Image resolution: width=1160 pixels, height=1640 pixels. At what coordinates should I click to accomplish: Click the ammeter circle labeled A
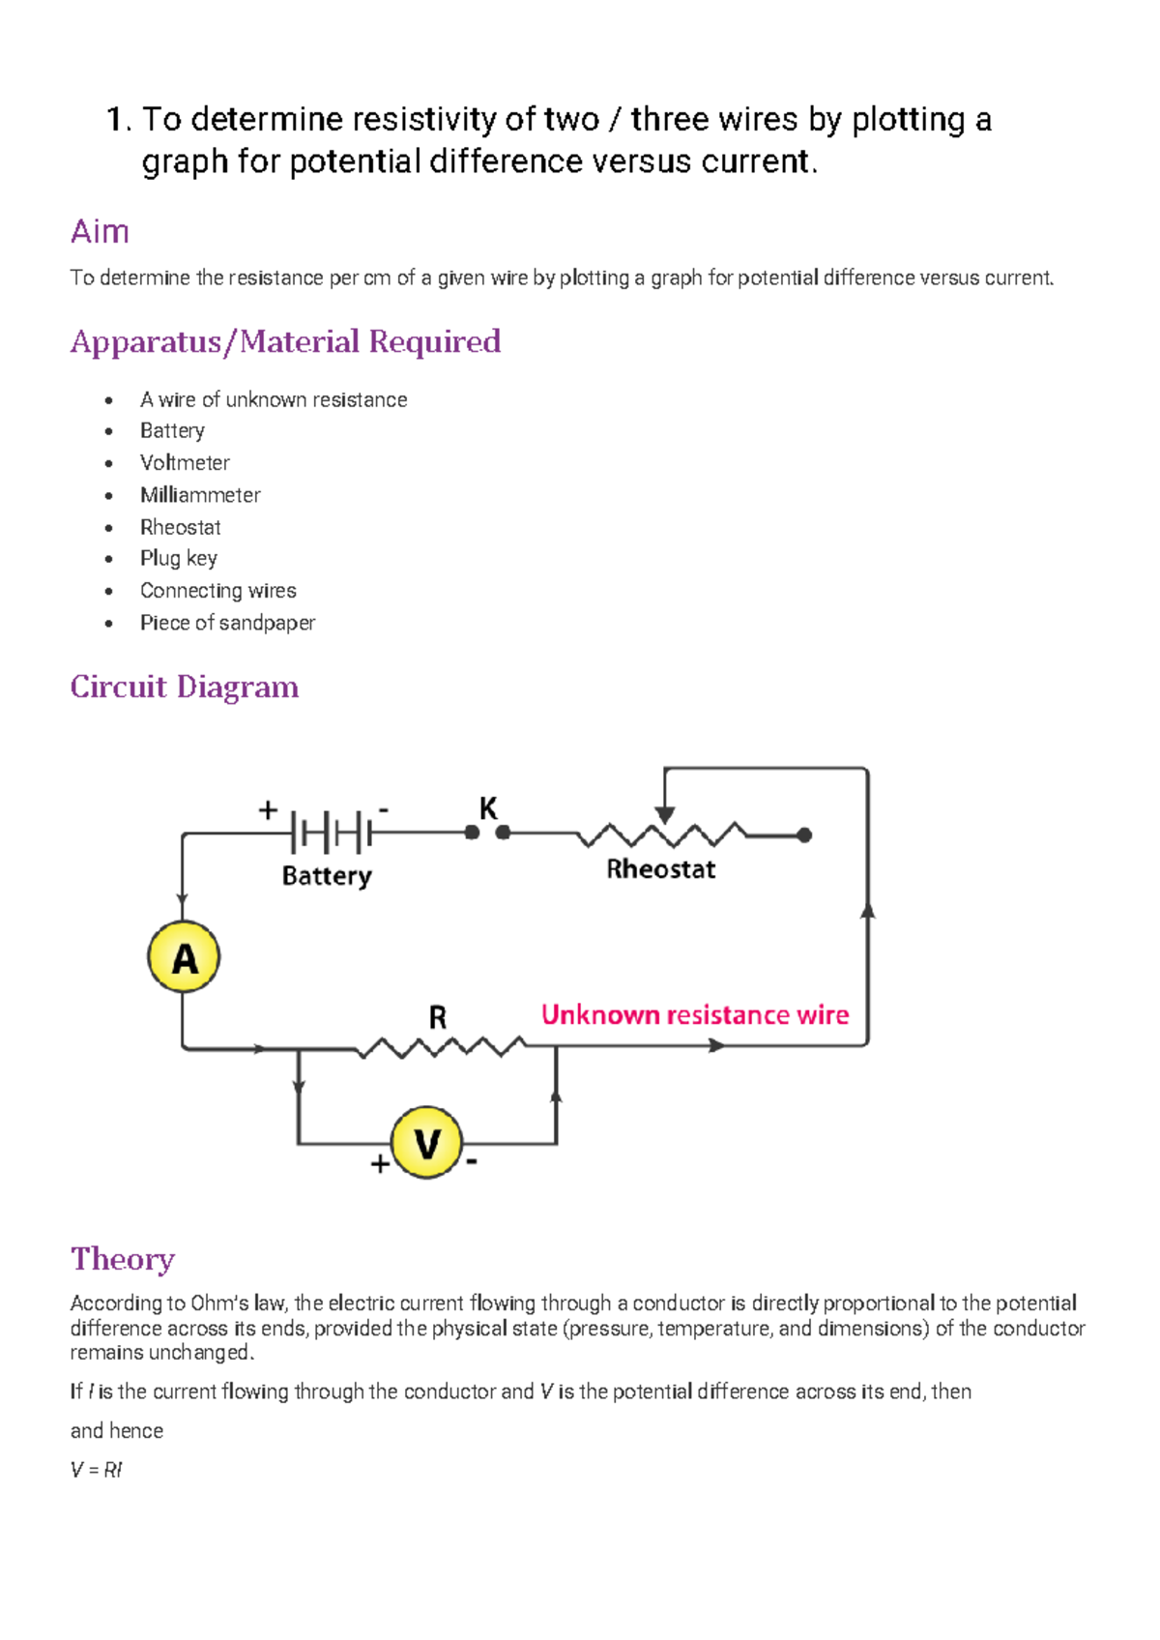coord(184,957)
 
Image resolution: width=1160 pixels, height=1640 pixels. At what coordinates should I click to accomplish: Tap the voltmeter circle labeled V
coord(426,1143)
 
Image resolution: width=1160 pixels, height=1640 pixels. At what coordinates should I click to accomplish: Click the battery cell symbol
coord(332,832)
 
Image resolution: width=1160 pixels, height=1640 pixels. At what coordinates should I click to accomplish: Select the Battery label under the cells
coord(327,876)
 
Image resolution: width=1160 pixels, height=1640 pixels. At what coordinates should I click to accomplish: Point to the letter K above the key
coord(488,808)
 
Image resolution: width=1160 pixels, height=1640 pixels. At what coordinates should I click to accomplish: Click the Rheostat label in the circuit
coord(660,869)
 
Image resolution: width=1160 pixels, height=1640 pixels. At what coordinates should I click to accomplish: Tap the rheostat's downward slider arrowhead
coord(664,814)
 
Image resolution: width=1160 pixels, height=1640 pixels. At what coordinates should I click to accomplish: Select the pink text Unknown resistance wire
coord(694,1014)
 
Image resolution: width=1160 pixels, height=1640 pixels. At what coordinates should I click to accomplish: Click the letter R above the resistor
coord(437,1017)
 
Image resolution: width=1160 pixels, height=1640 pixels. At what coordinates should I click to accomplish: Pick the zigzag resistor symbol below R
coord(440,1047)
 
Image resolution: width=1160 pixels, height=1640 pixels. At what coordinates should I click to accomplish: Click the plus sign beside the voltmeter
coord(380,1164)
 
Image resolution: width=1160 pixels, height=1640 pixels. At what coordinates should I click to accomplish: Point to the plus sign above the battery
coord(268,809)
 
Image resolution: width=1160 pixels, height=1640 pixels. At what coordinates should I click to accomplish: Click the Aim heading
coord(100,232)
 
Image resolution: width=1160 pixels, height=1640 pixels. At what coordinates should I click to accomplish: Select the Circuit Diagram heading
coord(185,687)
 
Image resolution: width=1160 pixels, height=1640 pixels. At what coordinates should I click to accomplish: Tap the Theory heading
coord(123,1259)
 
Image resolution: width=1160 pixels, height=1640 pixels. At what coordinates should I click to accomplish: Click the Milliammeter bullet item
coord(200,495)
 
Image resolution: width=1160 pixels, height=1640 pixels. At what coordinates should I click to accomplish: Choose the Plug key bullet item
coord(179,559)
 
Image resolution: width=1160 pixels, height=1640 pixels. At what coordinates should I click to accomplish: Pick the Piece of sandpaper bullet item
coord(227,623)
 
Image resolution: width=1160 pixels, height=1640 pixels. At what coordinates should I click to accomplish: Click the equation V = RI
coord(97,1470)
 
